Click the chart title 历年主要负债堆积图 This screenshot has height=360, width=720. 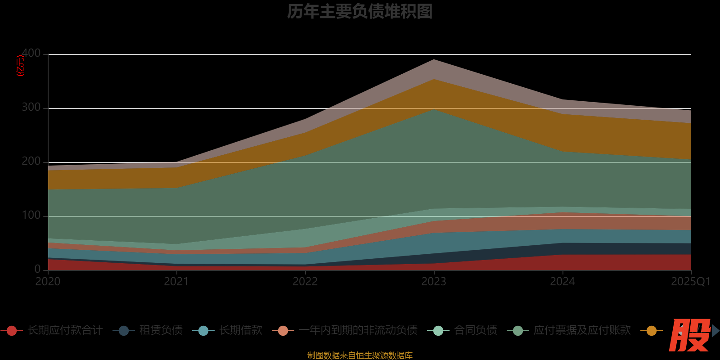[x=360, y=12]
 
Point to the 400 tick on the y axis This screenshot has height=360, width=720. [x=31, y=54]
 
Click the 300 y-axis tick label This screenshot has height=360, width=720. [x=31, y=108]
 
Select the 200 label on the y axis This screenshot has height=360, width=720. [x=31, y=162]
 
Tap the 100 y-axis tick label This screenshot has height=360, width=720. [x=31, y=216]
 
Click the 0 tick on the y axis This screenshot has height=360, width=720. [x=37, y=269]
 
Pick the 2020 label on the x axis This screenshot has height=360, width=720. [x=48, y=282]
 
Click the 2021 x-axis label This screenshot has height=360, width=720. [x=176, y=282]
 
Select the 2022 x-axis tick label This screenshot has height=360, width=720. [x=305, y=282]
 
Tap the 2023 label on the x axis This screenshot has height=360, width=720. [x=434, y=282]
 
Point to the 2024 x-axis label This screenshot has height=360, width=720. [x=562, y=282]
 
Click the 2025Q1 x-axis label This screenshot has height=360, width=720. [x=690, y=282]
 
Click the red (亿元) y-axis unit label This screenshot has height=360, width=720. [x=20, y=66]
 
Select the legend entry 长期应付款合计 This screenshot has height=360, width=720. [x=65, y=330]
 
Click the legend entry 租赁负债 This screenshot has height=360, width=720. [x=161, y=330]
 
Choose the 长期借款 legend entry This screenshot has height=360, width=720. [x=241, y=330]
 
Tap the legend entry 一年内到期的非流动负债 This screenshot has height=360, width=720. [x=358, y=330]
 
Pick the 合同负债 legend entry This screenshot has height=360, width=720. [x=475, y=330]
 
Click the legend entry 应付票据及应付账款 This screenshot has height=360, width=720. [x=582, y=330]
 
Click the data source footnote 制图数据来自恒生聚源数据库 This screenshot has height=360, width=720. [x=360, y=355]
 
